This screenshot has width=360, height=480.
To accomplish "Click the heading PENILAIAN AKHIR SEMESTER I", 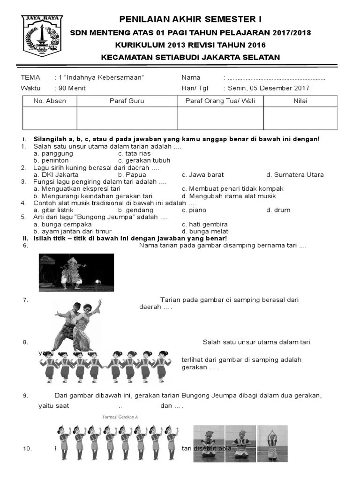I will coord(190,19).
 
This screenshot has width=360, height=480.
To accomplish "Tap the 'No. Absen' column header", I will coord(50,101).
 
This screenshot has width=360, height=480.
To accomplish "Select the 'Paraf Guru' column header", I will coord(127,101).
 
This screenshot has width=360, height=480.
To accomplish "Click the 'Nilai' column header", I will coord(300,101).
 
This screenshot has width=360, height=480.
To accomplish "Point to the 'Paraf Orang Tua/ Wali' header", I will coord(220,101).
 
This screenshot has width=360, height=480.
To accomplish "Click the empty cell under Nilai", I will coord(300,118).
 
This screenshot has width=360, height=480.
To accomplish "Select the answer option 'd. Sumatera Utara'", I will coord(295,175).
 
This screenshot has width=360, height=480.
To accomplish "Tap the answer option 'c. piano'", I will coord(194,210).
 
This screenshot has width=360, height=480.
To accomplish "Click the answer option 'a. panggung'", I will coord(53,153).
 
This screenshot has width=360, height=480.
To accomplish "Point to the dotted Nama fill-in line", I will coord(277,78).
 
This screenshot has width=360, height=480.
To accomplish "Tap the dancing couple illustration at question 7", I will coord(77,323).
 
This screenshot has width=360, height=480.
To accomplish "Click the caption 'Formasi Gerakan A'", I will coord(120,417).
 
